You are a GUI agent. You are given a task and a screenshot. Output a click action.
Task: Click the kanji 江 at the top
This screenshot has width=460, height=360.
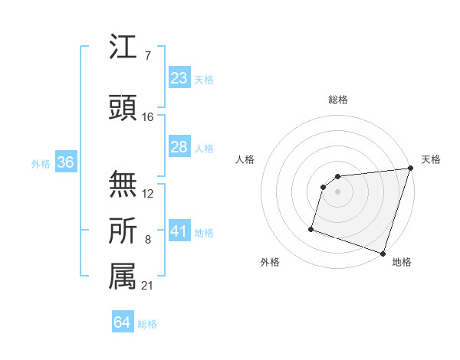(x=123, y=47)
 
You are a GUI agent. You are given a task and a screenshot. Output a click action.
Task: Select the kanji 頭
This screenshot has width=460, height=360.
(x=123, y=110)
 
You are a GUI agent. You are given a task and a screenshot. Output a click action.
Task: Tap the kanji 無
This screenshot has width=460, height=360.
(x=123, y=184)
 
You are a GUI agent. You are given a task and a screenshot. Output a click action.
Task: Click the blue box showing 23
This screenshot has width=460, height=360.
(x=179, y=77)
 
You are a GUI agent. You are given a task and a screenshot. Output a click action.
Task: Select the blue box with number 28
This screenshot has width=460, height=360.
(x=179, y=147)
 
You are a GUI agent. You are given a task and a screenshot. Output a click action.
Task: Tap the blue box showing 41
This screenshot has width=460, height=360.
(x=179, y=231)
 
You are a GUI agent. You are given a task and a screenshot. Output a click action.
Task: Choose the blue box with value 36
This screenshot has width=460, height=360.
(x=66, y=162)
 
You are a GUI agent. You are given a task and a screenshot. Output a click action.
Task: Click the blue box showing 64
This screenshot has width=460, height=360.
(x=123, y=322)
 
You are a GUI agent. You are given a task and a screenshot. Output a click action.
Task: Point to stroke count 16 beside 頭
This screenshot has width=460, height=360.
(x=148, y=117)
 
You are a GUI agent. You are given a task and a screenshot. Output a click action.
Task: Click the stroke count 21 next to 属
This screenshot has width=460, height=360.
(x=148, y=286)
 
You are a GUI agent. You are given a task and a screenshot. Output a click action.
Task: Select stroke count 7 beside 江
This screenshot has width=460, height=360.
(x=148, y=55)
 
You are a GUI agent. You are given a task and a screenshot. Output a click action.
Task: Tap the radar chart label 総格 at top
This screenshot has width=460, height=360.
(x=338, y=100)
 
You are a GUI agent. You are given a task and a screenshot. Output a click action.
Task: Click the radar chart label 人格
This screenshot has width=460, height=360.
(x=245, y=159)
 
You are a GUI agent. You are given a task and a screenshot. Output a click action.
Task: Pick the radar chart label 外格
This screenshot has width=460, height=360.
(x=270, y=262)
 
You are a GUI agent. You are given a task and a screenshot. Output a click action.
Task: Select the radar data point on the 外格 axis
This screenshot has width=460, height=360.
(x=311, y=228)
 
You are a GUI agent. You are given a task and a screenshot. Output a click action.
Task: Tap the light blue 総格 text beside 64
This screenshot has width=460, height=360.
(x=147, y=324)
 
